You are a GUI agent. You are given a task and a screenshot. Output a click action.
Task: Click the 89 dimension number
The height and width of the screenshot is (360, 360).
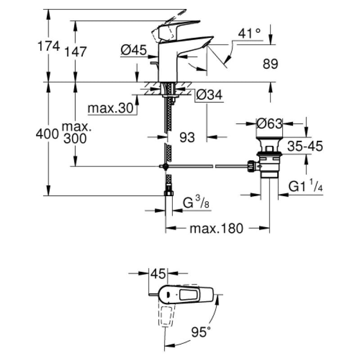click(270, 64)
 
